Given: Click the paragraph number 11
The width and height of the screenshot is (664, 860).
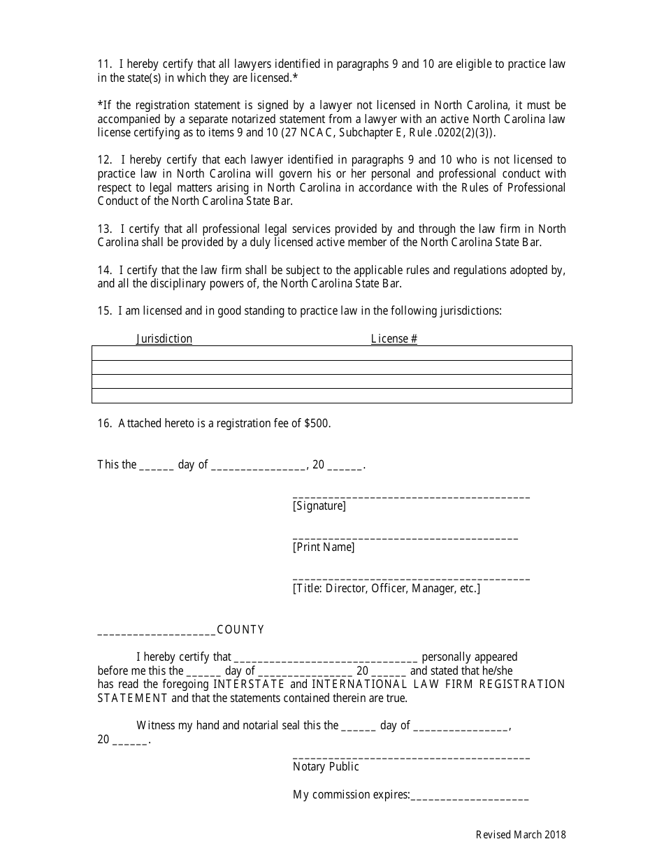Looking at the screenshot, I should [x=103, y=64].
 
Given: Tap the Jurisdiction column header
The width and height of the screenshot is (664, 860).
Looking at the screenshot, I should [x=164, y=339].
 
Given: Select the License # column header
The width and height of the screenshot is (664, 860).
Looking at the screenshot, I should [x=394, y=339].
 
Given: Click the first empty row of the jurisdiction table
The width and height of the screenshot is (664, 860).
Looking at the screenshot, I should [x=331, y=353].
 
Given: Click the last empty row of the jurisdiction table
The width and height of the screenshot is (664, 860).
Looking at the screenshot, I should [x=331, y=396].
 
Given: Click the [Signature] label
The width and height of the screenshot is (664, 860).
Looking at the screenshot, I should [x=319, y=506].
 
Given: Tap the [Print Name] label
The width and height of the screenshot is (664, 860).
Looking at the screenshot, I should [x=324, y=547].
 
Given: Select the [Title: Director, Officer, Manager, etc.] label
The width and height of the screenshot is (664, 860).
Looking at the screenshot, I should [x=386, y=589].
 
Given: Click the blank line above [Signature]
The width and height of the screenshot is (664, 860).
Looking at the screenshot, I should [x=411, y=495].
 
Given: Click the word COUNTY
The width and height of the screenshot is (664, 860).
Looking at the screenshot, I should [x=240, y=630].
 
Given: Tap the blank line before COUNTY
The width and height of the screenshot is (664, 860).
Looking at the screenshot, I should [x=157, y=632].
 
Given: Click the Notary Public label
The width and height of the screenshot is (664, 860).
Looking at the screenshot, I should [x=326, y=767].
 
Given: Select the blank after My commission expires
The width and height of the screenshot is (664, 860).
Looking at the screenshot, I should [x=469, y=797].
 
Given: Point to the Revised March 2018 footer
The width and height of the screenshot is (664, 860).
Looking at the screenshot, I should [x=521, y=835].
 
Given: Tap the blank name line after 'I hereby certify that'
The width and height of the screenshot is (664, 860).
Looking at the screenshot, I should [x=326, y=659].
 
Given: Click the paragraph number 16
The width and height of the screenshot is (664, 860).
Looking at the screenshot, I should [x=104, y=424].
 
